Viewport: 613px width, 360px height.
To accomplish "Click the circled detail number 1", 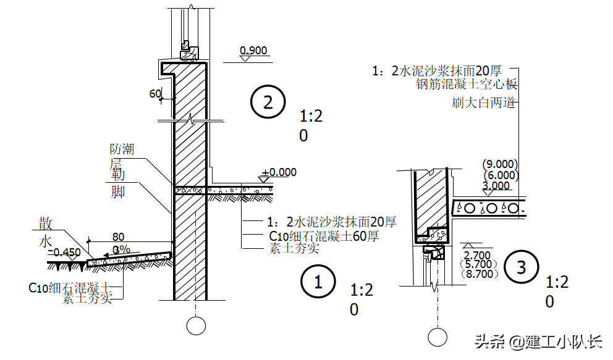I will (x=319, y=283).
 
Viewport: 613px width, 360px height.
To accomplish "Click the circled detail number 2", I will (x=268, y=103).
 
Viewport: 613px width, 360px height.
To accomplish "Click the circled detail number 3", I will (x=522, y=267).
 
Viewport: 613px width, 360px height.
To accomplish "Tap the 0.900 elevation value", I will (x=254, y=51).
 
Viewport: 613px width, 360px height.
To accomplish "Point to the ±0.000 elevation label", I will (x=279, y=173).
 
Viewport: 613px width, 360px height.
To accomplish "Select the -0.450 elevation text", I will (x=64, y=252).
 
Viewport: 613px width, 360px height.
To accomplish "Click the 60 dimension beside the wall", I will (x=155, y=94).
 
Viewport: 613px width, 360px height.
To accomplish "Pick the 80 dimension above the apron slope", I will (x=118, y=237).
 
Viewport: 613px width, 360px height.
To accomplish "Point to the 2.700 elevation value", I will (x=476, y=255).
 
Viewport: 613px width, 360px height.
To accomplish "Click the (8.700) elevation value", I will (x=478, y=274).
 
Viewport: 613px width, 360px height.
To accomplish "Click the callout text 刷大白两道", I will (x=484, y=103).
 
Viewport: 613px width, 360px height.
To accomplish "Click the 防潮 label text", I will (x=122, y=149).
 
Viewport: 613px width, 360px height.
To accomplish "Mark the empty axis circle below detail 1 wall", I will (x=196, y=325).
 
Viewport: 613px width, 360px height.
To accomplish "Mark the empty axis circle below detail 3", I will (x=438, y=337).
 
